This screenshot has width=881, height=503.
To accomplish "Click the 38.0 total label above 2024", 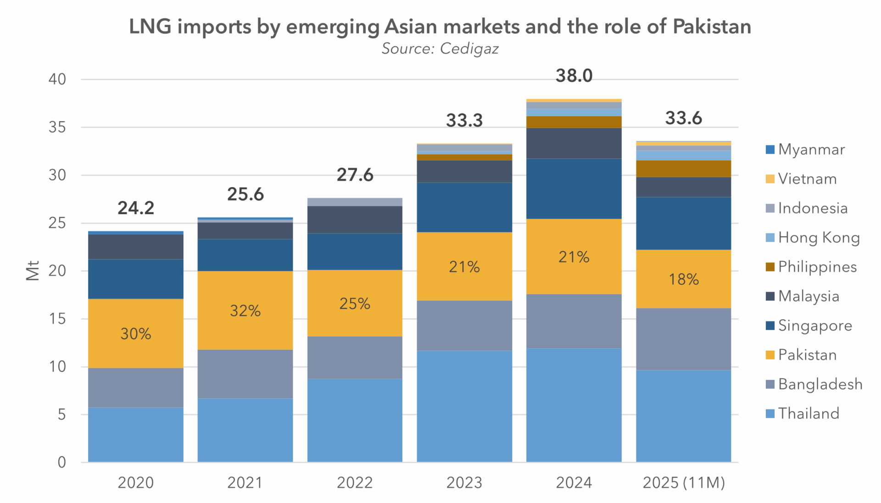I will (x=574, y=76).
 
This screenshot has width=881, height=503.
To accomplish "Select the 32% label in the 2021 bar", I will (x=245, y=311).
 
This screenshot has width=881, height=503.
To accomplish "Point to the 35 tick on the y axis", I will (x=57, y=127).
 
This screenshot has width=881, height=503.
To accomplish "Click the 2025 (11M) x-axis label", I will (x=683, y=483).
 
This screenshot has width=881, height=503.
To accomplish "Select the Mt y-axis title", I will (x=33, y=271).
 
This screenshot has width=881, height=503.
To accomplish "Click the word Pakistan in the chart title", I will (x=712, y=27).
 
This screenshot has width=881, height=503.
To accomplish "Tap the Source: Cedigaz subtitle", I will (x=440, y=49).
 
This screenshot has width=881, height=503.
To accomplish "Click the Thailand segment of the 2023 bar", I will (x=464, y=406).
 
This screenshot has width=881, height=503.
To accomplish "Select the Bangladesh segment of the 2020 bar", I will (x=136, y=387).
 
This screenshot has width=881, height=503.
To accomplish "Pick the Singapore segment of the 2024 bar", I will (x=574, y=188).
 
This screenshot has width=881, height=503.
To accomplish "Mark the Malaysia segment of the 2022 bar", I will (x=355, y=220).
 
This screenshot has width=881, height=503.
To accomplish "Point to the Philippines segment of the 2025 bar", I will (x=683, y=169).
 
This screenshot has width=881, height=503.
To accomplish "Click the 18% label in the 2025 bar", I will (x=683, y=279).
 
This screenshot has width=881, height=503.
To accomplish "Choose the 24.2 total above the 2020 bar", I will (x=136, y=208).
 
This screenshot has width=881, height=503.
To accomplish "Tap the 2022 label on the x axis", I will (x=355, y=483).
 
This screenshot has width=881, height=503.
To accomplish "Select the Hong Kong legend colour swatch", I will (x=770, y=238).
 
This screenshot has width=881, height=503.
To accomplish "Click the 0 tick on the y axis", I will (x=61, y=462).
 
